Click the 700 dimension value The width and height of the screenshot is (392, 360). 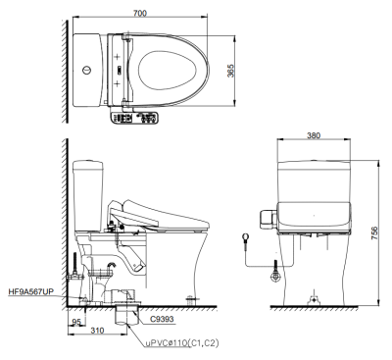coord(140,13)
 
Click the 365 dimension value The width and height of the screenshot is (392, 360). coord(231,71)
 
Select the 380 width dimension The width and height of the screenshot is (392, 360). coord(314,135)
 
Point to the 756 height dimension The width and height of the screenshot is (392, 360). coord(374,233)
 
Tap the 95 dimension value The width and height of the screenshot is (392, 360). coord(76,322)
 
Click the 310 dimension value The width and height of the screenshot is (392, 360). coord(97,331)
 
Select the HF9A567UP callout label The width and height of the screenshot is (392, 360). coord(31,292)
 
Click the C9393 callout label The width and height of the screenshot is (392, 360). coord(162,319)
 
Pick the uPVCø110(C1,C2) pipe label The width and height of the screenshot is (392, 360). coord(182,343)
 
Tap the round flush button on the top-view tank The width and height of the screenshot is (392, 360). coord(86,70)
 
